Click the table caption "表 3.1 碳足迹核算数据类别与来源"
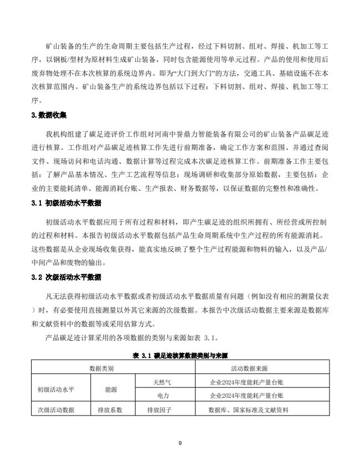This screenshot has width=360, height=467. (x=181, y=355)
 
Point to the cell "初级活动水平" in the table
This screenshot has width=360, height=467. (x=56, y=389)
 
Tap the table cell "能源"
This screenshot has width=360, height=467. (x=111, y=389)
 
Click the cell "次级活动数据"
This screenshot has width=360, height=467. (x=56, y=411)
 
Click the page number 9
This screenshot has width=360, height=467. (x=181, y=443)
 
